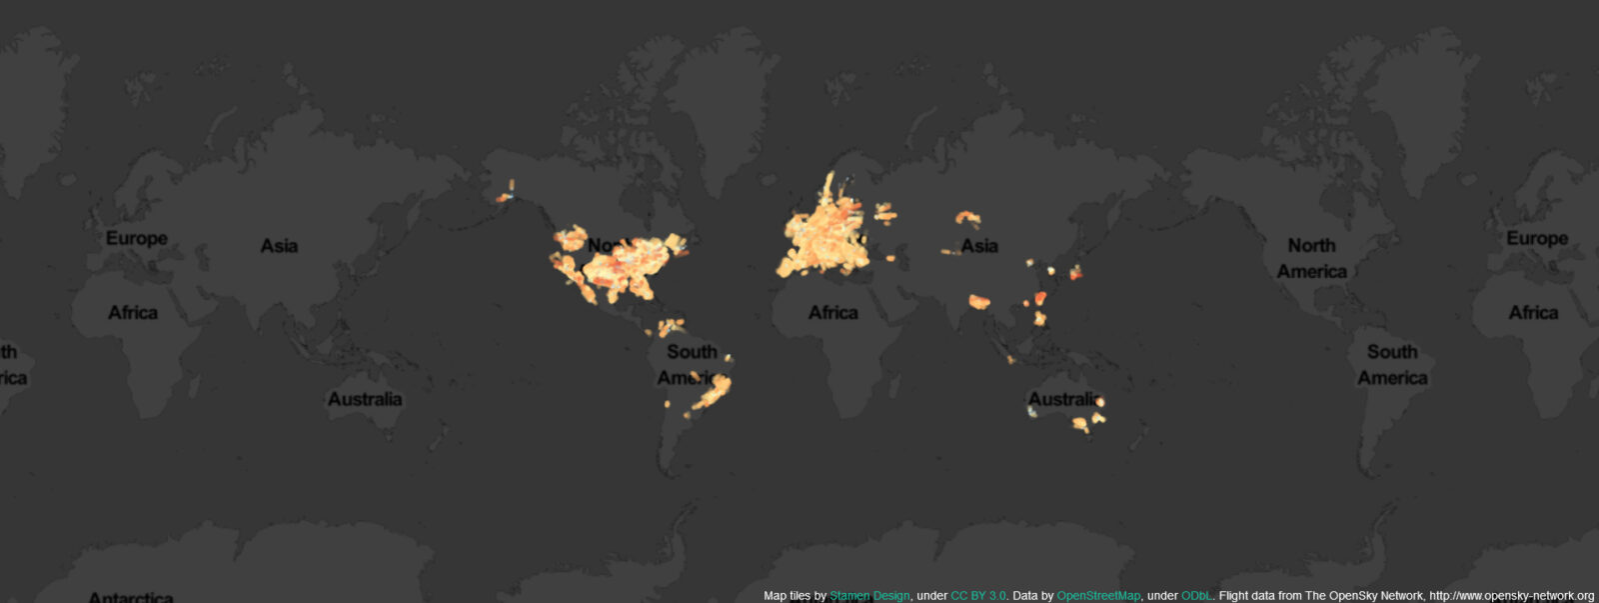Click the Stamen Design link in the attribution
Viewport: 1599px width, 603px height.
[869, 596]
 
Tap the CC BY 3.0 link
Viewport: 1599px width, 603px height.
[977, 596]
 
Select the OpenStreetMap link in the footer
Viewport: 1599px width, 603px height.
[1097, 596]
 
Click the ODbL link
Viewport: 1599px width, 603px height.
[1196, 596]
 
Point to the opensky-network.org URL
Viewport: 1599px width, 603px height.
[1511, 596]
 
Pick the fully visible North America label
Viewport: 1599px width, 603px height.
[1311, 258]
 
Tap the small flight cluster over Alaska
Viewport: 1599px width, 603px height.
[506, 193]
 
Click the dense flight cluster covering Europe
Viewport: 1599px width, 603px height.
[824, 235]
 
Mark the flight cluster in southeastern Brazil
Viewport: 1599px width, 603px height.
[712, 393]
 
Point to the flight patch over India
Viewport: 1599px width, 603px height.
[978, 301]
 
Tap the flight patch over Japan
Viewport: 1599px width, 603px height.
[1075, 271]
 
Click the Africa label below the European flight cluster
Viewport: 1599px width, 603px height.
[832, 313]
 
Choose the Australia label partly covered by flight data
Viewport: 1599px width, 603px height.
[1063, 399]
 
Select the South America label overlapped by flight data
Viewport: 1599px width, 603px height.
[692, 365]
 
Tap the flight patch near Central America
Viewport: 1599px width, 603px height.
[669, 326]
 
